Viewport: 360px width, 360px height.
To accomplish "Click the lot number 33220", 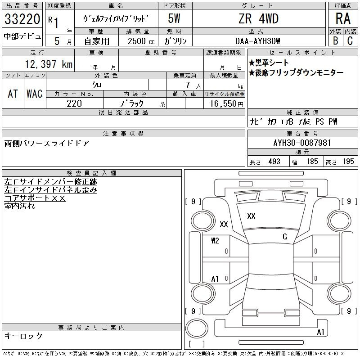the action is (22, 19).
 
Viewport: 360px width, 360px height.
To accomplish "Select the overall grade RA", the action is (343, 18).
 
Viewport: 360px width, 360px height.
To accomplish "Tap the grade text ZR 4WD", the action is (259, 18).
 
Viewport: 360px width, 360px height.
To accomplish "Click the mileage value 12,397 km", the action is (49, 64).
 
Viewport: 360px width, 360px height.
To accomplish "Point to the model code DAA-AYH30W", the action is (257, 41).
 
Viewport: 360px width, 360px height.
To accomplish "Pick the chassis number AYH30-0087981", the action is (302, 143).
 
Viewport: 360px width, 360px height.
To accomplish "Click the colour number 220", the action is (74, 103).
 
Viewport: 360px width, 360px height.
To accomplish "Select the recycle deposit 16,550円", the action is (226, 104).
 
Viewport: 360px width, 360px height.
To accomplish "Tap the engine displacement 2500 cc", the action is (141, 41).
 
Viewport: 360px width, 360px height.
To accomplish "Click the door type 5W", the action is (174, 18).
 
